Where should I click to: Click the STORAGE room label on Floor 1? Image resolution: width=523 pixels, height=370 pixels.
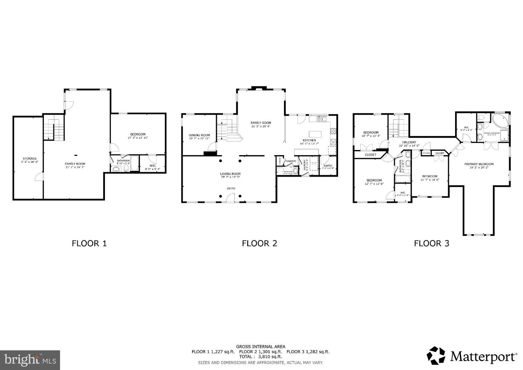coord(30,158)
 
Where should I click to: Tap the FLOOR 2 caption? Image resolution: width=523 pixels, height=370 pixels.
coord(259,243)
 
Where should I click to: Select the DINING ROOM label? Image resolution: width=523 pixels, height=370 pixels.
coord(199,135)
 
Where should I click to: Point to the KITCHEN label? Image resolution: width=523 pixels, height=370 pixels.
coord(309,140)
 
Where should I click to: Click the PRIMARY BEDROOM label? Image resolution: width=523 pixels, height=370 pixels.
coord(479,164)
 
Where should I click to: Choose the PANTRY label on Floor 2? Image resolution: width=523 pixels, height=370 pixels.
coord(328,166)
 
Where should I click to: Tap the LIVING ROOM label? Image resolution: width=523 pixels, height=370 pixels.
coord(230,174)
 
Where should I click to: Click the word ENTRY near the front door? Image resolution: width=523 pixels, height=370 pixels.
coord(231,188)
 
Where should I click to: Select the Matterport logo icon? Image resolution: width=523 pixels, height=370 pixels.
coord(436,355)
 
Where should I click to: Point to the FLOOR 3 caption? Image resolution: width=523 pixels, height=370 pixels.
coord(431,243)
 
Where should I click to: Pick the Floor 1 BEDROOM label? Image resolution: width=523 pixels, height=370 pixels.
coord(138,134)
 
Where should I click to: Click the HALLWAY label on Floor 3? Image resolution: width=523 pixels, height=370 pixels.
coord(409,142)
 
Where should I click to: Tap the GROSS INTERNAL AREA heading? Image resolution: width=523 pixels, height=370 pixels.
coord(260,346)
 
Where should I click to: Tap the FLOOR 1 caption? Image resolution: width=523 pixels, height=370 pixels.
coord(89,243)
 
